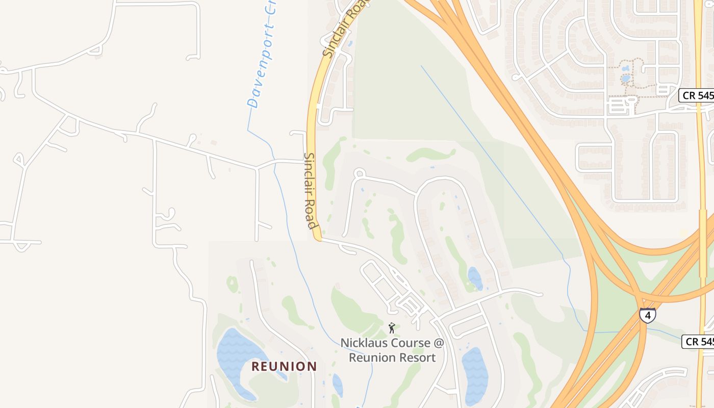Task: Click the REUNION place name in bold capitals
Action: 284,366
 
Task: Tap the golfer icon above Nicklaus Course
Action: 392,328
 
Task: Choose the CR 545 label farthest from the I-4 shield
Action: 697,95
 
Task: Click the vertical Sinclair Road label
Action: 310,191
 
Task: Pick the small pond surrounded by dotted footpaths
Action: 626,79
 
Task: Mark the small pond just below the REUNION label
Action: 337,384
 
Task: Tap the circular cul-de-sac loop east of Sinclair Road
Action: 359,173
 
